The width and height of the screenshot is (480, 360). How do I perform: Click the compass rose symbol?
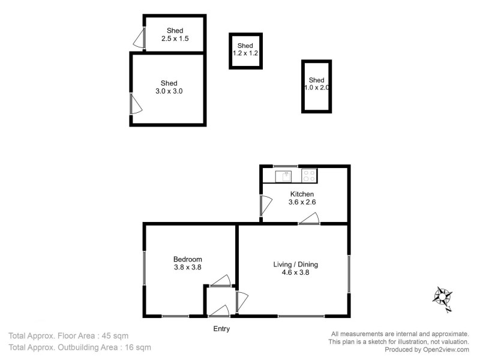point(443,297)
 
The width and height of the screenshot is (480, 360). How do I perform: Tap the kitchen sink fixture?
point(283,176)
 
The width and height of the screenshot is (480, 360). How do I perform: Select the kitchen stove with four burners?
point(309,176)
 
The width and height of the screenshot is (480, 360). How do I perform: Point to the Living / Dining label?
point(295,264)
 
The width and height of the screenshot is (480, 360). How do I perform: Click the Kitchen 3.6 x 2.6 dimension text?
point(302,202)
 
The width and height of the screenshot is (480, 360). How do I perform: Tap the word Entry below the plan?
point(221,329)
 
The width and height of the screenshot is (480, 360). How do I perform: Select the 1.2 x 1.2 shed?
point(245,50)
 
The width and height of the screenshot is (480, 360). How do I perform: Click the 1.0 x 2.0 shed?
point(316,85)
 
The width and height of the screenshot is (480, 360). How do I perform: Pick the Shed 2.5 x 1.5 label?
point(175,35)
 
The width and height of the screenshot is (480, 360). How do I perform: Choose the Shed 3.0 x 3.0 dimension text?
point(169,92)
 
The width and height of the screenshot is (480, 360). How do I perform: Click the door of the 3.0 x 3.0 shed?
point(136,103)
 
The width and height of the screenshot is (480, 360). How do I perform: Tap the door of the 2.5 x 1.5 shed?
point(139,40)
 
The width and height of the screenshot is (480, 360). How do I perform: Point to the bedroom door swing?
point(222,281)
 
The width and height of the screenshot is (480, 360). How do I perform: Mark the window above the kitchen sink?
point(286,166)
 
